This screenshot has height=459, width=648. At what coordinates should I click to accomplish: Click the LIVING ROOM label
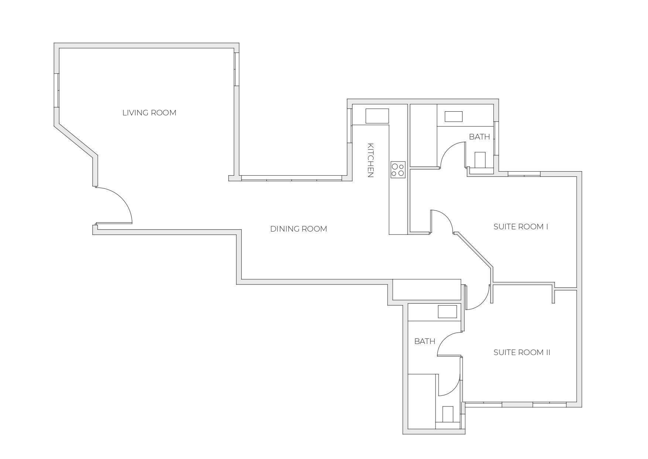149,113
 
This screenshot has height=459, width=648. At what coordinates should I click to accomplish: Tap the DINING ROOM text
299,229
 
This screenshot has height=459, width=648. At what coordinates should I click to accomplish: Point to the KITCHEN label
371,160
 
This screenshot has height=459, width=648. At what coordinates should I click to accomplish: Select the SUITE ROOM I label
521,227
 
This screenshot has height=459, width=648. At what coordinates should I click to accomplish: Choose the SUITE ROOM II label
522,352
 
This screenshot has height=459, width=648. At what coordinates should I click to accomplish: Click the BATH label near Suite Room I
479,137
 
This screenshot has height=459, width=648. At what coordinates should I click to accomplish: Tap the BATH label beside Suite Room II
424,341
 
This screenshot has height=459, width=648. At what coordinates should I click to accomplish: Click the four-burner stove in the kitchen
398,170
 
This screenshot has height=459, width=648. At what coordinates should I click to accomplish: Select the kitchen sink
377,116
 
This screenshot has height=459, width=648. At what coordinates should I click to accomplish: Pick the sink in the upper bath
454,117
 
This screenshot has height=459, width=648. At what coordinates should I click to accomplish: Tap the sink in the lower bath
447,311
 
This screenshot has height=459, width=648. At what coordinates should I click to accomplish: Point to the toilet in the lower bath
448,414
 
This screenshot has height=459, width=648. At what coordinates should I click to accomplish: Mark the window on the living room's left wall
57,90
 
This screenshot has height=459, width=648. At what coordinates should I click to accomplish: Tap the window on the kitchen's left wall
349,125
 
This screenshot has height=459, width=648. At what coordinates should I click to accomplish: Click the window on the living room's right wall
236,69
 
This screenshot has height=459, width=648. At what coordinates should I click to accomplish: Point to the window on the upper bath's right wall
496,138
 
